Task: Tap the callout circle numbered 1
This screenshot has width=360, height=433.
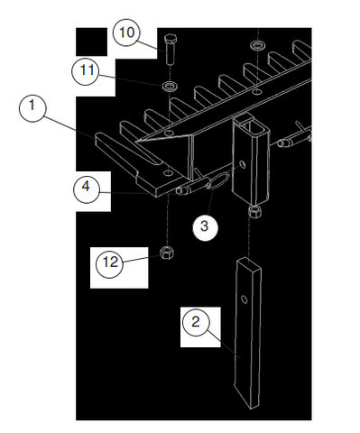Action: [34, 109]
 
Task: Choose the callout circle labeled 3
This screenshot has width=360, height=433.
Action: [204, 226]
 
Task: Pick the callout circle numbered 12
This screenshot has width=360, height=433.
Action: [111, 263]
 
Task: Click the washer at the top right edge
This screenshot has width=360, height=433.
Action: [258, 45]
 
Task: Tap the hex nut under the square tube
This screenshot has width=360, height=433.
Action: [255, 213]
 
